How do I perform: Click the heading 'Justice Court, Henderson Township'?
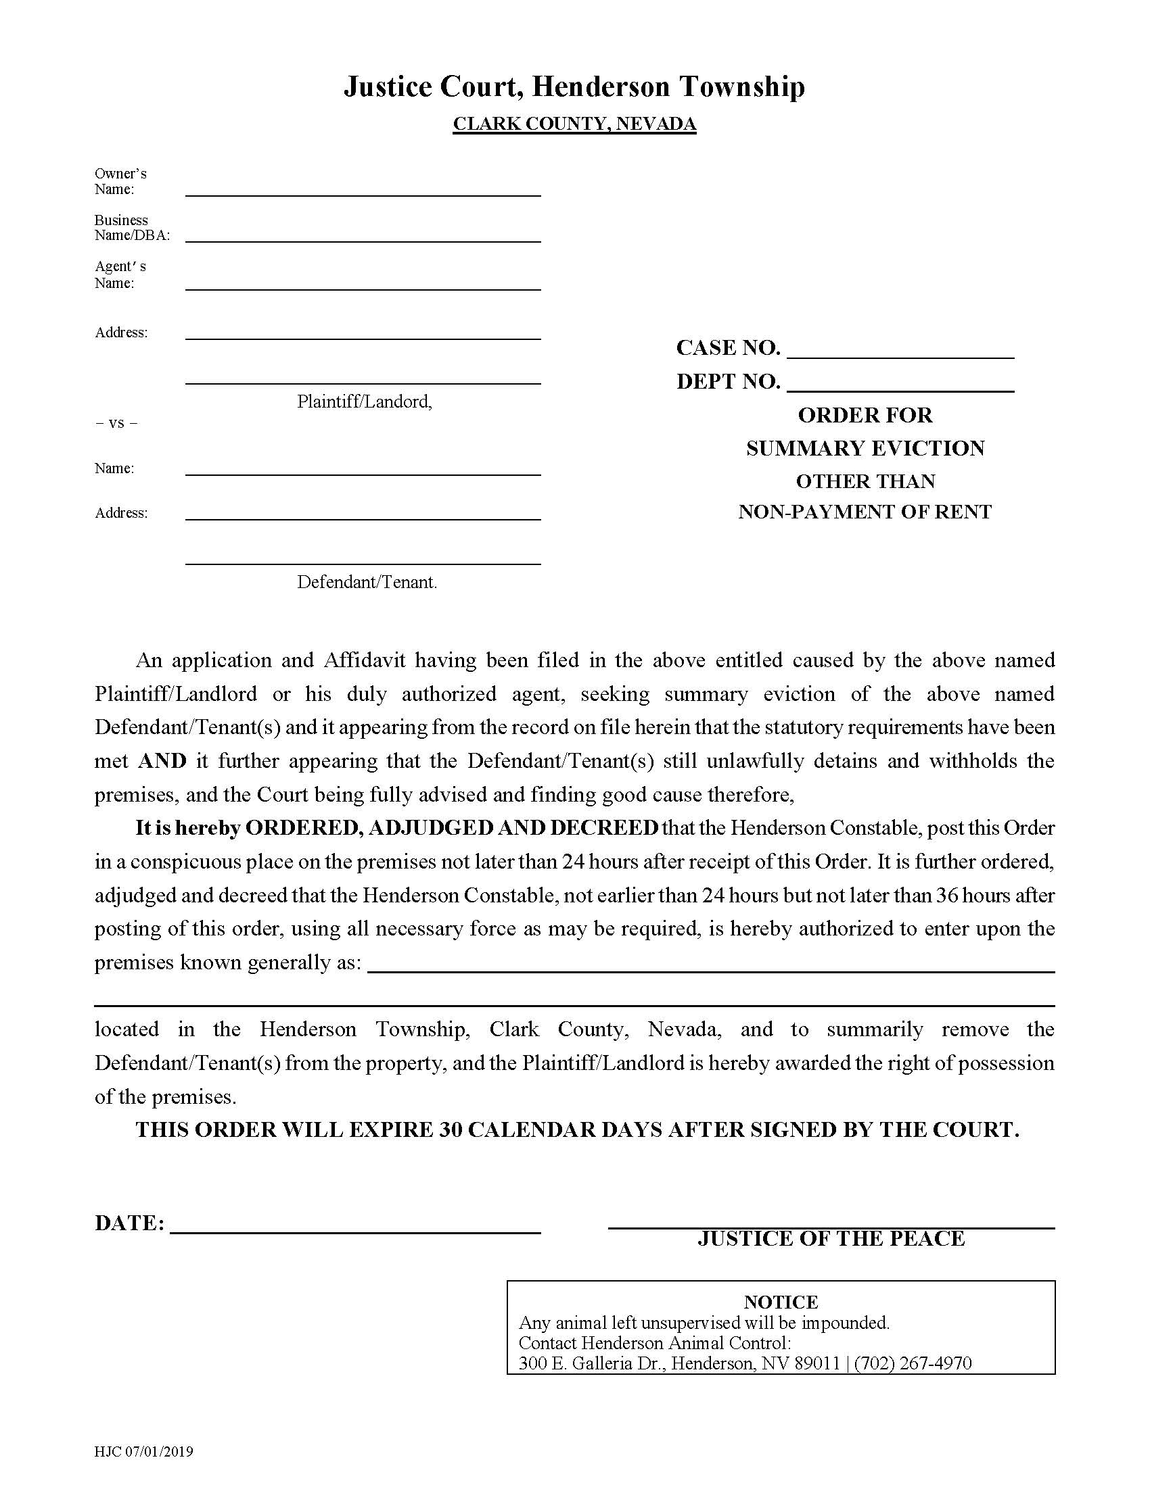click(574, 87)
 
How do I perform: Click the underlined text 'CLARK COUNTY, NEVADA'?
click(574, 124)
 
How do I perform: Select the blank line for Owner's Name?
click(363, 190)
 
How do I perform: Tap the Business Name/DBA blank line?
click(363, 236)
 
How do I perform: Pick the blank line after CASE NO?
click(900, 352)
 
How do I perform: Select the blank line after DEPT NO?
click(900, 385)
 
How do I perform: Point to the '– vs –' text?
click(116, 423)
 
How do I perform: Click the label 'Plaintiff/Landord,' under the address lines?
click(365, 401)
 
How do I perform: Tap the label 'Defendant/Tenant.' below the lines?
click(367, 582)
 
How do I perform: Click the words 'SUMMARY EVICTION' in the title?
click(865, 449)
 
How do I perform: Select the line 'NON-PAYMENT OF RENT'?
click(865, 512)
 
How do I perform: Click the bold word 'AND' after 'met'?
click(162, 760)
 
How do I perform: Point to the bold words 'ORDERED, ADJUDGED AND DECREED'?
click(452, 828)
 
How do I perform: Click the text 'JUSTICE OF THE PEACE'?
click(831, 1238)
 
